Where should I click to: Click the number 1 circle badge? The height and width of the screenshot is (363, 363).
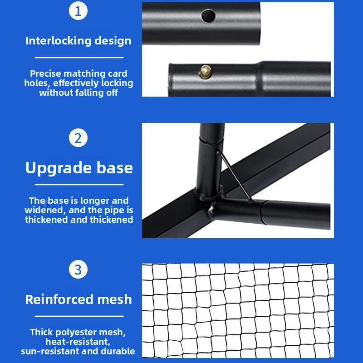[x=78, y=11]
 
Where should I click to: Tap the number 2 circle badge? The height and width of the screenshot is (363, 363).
[x=78, y=138]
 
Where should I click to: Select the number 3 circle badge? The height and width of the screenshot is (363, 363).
[x=78, y=270]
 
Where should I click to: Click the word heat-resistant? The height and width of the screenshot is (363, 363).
[x=78, y=342]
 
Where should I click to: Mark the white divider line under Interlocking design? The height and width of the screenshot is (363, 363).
[x=79, y=58]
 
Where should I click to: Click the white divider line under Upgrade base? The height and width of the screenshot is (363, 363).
[x=79, y=185]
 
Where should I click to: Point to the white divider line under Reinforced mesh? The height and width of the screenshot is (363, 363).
[x=79, y=316]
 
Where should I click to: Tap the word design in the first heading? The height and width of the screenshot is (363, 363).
[x=113, y=41]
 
